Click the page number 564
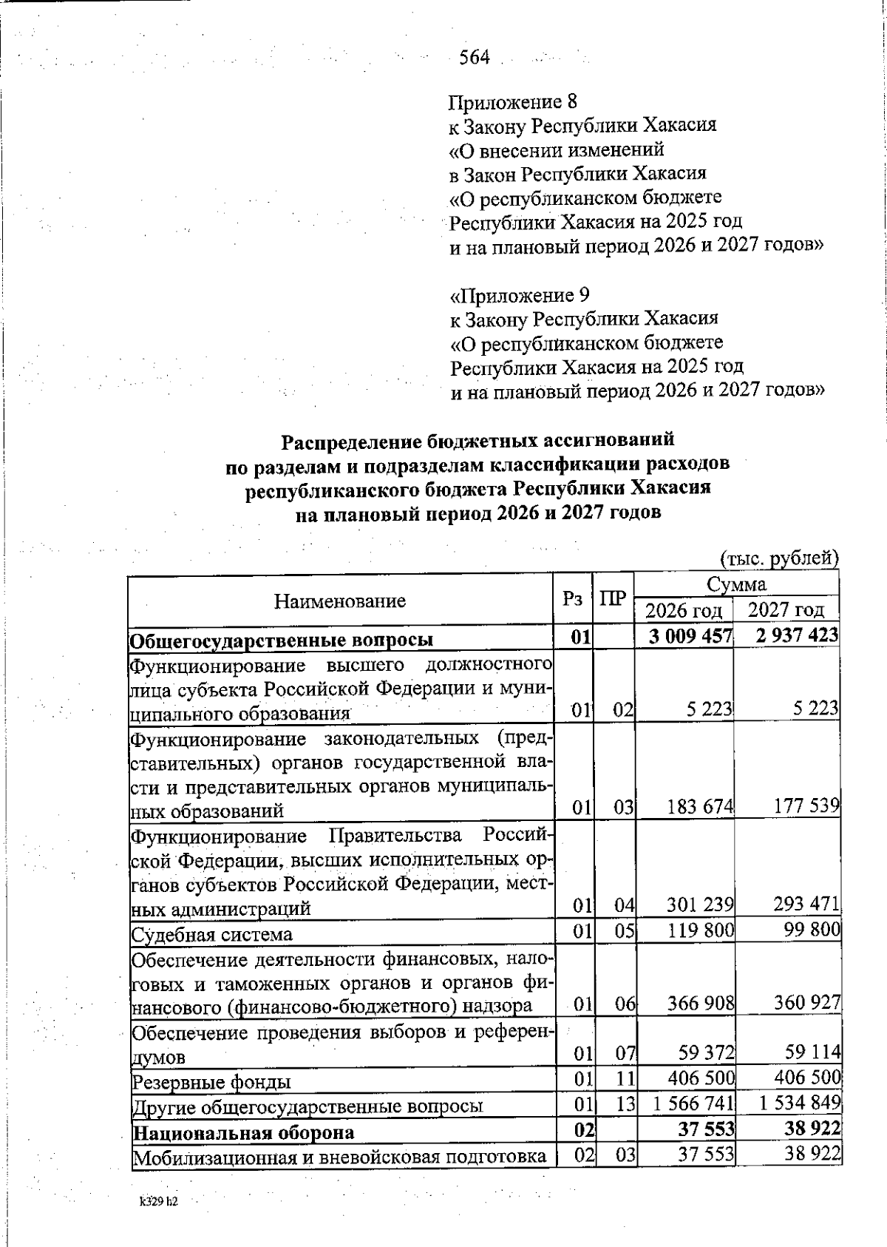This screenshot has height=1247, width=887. coord(475,58)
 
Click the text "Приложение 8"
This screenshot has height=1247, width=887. coord(512,101)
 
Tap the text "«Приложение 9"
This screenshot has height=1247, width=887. coord(520,295)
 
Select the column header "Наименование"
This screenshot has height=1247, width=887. coord(340,601)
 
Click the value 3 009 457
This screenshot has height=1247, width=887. coord(690,636)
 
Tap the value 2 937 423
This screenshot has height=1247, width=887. coord(792,635)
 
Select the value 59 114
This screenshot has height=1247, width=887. coord(812,1052)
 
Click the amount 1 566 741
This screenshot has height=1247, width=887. coord(693,1104)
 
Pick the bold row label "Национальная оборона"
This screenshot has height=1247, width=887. coord(243,1132)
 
